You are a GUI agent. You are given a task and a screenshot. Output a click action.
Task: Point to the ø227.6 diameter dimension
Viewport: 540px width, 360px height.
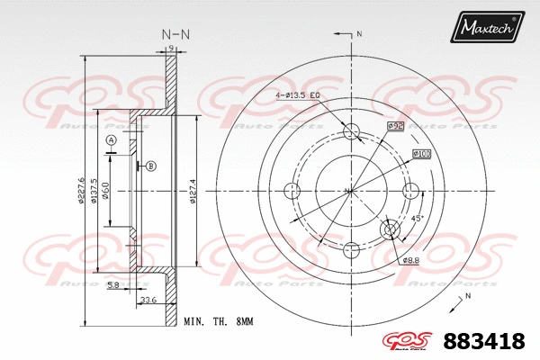(x=80, y=188)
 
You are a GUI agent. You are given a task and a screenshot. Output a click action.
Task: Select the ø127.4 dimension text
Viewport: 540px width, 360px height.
(x=193, y=190)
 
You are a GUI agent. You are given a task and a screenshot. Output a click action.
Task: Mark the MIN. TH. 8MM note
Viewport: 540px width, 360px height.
(x=218, y=320)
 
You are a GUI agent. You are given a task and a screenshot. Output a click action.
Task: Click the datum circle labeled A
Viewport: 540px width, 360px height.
(x=111, y=141)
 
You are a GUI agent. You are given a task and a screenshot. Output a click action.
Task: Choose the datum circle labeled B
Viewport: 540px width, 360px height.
(x=150, y=166)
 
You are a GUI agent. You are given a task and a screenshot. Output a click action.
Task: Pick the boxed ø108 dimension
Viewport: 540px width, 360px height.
(x=421, y=154)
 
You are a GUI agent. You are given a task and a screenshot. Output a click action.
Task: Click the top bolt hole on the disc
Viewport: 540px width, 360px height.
(x=352, y=132)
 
